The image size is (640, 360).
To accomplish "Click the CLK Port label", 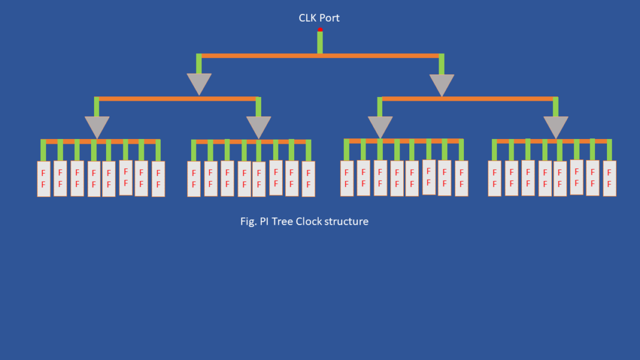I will pos(319,18).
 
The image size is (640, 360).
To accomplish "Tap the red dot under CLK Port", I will pos(320,29).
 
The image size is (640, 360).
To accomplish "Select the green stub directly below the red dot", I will pos(320,42).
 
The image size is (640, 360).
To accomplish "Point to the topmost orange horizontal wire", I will pos(320,56).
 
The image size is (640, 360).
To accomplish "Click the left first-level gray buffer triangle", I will pos(199,83).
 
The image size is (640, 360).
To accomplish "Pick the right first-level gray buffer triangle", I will pos(442,84).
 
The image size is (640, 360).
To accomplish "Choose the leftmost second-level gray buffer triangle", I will pos(97,126).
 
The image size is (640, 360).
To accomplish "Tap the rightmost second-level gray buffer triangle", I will pos(556,126).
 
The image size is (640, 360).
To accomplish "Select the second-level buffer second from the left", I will pos(258,126).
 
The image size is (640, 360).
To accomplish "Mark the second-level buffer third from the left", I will pos(380,126).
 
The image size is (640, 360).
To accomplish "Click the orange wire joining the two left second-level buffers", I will pos(177,98).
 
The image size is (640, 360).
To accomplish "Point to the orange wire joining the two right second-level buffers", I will pos(467,98).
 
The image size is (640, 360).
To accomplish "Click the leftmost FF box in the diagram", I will pos(44,179).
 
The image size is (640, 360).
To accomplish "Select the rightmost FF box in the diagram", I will pos(609,178).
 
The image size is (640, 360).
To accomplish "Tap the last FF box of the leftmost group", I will pos(158,179).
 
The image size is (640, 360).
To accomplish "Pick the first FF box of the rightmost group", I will pos(494,179).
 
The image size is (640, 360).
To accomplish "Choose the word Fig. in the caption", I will pos(247,222).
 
